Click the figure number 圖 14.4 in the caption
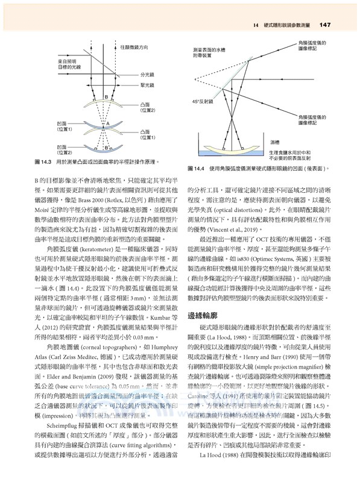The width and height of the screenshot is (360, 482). pyautogui.click(x=199, y=167)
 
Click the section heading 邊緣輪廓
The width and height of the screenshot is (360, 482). pyautogui.click(x=206, y=315)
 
